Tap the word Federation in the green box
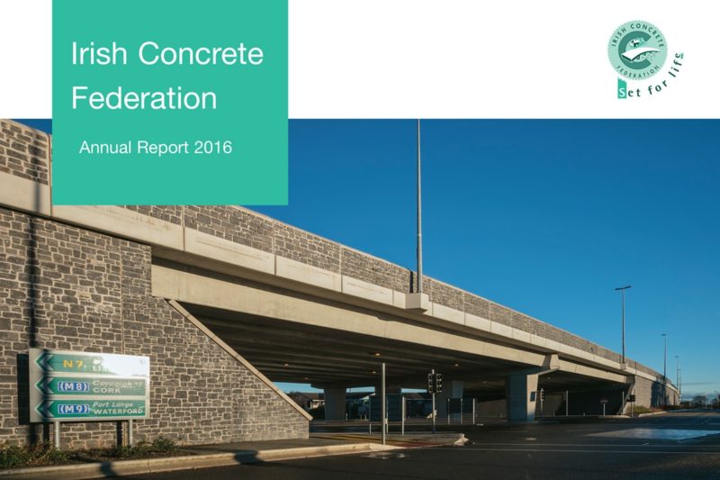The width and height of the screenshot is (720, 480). (x=144, y=97)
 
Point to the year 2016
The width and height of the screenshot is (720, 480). (x=212, y=147)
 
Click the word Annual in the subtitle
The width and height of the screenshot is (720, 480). (x=105, y=147)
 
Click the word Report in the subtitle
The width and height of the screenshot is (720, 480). (x=165, y=147)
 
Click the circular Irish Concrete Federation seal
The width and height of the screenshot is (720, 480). (x=636, y=50)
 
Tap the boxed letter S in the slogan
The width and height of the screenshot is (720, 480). (x=621, y=90)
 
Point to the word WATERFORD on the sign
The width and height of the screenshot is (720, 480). (x=117, y=412)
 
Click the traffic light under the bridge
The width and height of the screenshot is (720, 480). (x=435, y=382)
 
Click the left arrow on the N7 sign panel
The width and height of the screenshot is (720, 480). (x=39, y=363)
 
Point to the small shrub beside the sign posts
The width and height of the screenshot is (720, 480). (x=162, y=444)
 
